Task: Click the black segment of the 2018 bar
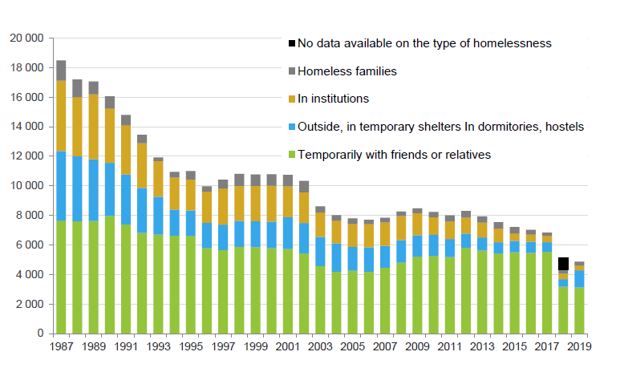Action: point(564,264)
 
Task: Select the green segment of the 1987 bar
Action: point(61,277)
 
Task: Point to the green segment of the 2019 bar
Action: point(579,309)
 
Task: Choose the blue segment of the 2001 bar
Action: point(288,233)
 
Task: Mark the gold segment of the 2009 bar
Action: point(417,224)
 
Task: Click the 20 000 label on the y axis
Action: point(25,38)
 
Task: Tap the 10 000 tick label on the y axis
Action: point(25,186)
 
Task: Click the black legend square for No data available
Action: point(292,42)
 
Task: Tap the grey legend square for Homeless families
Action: point(292,71)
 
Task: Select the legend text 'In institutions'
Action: point(333,99)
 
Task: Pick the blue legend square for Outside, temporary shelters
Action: point(292,127)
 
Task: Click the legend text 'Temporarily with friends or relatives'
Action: point(394,155)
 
